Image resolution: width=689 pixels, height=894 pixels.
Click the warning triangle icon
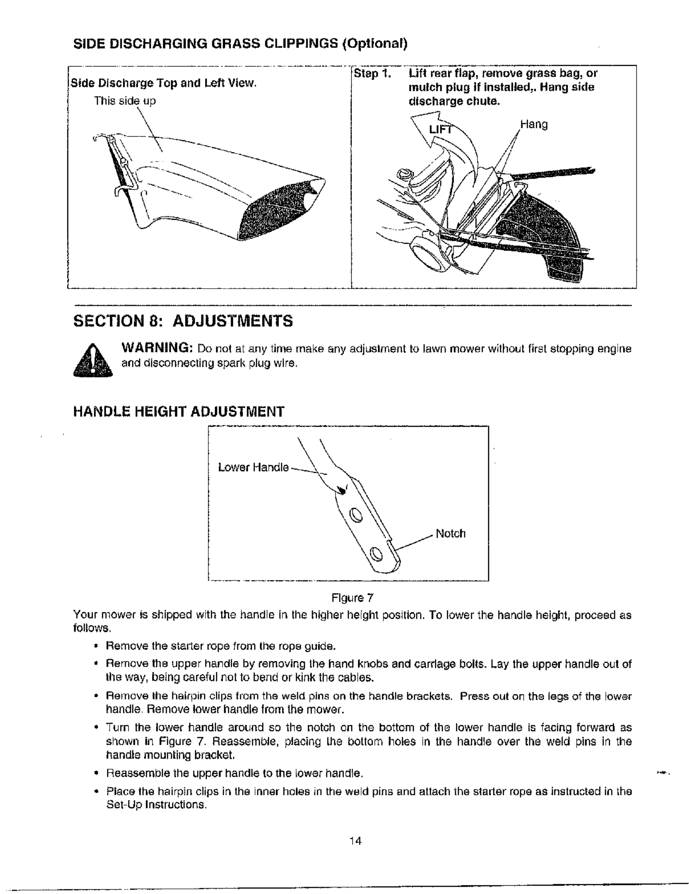pyautogui.click(x=93, y=360)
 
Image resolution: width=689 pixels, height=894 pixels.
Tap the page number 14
pyautogui.click(x=355, y=841)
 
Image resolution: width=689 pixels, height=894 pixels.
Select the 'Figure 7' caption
pyautogui.click(x=352, y=598)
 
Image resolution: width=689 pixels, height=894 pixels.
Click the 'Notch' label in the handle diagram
pyautogui.click(x=450, y=534)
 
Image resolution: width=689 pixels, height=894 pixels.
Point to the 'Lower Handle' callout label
pyautogui.click(x=253, y=468)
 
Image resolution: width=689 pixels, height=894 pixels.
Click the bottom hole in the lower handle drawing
pyautogui.click(x=376, y=555)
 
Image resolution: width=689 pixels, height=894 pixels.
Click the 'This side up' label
pyautogui.click(x=125, y=101)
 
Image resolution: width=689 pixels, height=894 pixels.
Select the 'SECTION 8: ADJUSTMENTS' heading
pyautogui.click(x=183, y=321)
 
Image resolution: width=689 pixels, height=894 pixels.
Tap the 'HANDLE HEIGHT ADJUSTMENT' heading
pyautogui.click(x=178, y=411)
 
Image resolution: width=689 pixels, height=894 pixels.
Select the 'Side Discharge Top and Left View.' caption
pyautogui.click(x=164, y=84)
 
